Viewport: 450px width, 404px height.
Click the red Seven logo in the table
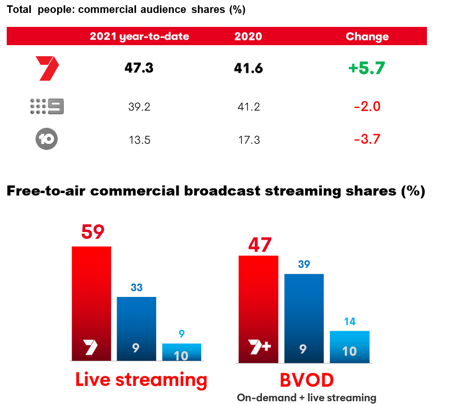pos(47,68)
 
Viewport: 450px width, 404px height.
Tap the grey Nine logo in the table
pos(47,106)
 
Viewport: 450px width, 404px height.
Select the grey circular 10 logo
pos(47,139)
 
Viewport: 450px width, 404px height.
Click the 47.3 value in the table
pos(139,68)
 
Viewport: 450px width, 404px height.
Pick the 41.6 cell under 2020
pos(248,68)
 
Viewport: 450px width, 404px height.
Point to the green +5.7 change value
pos(367,68)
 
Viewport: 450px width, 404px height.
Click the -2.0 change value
pos(367,106)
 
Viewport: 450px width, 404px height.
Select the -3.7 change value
pos(367,139)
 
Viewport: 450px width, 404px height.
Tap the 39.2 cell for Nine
pos(139,106)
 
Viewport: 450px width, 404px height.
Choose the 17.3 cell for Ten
pos(248,139)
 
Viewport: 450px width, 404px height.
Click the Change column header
pos(367,37)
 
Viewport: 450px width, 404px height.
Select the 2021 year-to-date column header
pos(139,37)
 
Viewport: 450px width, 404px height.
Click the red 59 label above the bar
pos(93,232)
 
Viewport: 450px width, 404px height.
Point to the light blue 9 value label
pos(182,333)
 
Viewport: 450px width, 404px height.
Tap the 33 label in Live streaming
pos(137,287)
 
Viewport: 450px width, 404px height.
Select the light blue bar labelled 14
pos(350,346)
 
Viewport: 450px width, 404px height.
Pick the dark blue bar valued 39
pos(304,317)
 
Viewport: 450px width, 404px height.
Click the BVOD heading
pos(306,380)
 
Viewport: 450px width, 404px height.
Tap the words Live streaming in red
pos(141,380)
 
